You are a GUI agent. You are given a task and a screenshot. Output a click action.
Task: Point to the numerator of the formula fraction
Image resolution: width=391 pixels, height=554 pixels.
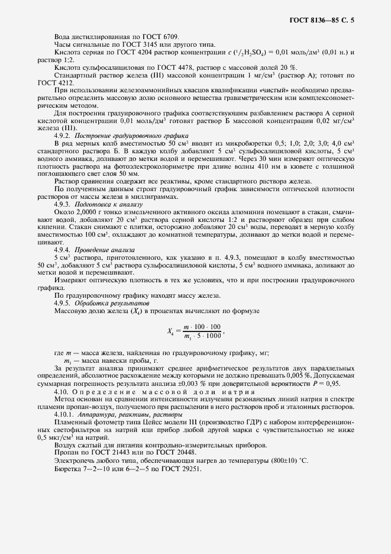202,327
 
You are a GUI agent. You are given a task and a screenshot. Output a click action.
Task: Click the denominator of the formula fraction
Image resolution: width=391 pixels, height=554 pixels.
202,336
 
